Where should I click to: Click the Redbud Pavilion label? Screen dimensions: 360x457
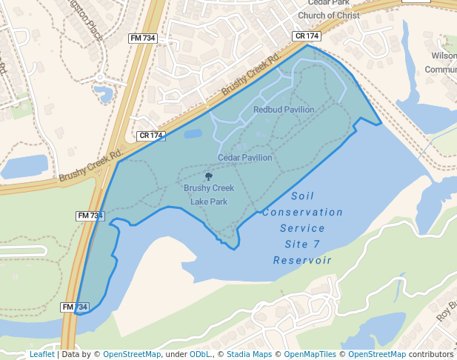tap(284, 110)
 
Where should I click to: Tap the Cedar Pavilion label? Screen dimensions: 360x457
tap(244, 158)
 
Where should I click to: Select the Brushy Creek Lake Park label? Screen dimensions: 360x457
tap(209, 195)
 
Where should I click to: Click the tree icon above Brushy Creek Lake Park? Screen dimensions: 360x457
tap(208, 177)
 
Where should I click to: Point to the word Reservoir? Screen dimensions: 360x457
tap(302, 260)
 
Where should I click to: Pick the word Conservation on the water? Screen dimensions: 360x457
tap(302, 213)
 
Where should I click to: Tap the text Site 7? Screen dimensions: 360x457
tap(302, 244)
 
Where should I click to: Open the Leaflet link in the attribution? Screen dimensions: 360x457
tap(41, 355)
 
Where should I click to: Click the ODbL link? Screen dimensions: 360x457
tap(200, 355)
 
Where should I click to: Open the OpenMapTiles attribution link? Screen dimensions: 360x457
tap(309, 355)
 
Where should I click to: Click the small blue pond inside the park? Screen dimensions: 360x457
tap(193, 134)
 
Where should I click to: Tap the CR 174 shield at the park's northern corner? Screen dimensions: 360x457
tap(307, 36)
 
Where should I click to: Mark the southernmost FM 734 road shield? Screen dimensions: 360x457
tap(75, 307)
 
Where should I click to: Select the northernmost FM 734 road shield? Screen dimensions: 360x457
tap(142, 38)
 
